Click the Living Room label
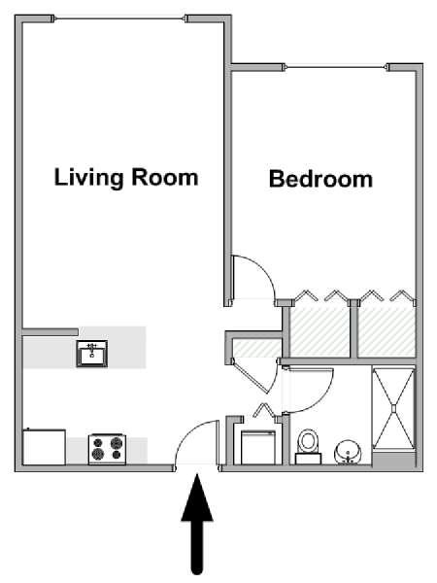click(x=126, y=178)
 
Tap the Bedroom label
click(x=320, y=179)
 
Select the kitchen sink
click(x=92, y=354)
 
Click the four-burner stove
click(x=107, y=450)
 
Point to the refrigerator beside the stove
click(x=45, y=447)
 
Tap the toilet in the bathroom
click(x=308, y=447)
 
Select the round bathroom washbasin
click(x=348, y=453)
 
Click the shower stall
click(x=393, y=409)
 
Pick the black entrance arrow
click(x=197, y=524)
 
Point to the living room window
click(x=119, y=18)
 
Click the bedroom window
click(x=337, y=67)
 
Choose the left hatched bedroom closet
click(x=319, y=332)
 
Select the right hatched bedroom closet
click(x=387, y=332)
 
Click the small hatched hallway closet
click(x=256, y=349)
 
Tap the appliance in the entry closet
click(x=258, y=447)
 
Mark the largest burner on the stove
click(x=98, y=454)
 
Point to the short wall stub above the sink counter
click(x=50, y=332)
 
